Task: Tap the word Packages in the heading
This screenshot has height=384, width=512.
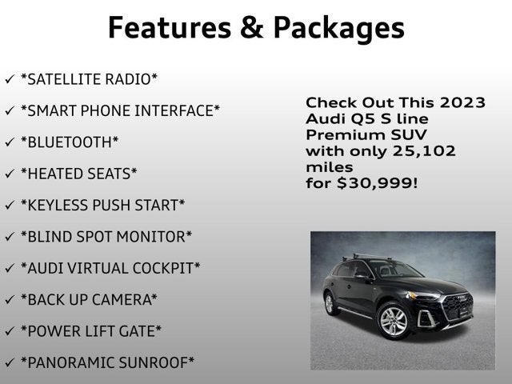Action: click(339, 28)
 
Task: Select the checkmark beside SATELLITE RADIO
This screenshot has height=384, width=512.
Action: click(9, 79)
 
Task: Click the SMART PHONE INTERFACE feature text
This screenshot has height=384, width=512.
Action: click(121, 110)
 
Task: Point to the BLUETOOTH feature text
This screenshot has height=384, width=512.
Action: click(70, 142)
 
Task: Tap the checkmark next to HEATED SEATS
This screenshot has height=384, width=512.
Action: click(9, 174)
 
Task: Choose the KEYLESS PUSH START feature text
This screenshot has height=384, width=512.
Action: click(103, 205)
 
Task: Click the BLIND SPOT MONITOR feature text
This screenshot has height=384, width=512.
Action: click(106, 237)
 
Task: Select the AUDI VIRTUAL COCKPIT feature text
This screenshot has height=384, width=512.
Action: click(110, 268)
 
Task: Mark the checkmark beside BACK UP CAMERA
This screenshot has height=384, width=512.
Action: click(9, 300)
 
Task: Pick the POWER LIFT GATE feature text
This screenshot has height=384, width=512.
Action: click(91, 331)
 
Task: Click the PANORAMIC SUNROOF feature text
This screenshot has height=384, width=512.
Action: click(108, 363)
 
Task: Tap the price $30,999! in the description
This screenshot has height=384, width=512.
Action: click(376, 183)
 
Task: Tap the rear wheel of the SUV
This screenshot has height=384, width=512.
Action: click(330, 304)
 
